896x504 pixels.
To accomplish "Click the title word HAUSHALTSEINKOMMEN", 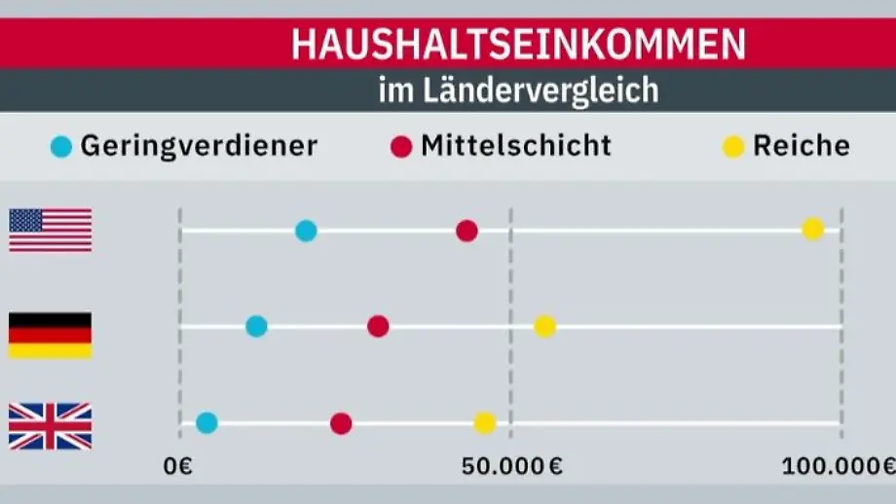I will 518,45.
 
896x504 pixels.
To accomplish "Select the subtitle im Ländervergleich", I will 518,91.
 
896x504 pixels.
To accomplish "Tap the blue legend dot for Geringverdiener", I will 61,147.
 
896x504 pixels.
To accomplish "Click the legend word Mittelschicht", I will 516,146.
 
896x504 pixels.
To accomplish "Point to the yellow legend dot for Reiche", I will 734,147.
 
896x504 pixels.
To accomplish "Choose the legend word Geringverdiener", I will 199,146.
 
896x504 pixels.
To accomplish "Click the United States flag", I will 51,231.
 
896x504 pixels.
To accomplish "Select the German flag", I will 51,335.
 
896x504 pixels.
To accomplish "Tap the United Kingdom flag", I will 51,426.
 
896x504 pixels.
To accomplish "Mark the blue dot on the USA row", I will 306,231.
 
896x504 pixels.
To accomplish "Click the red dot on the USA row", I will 467,231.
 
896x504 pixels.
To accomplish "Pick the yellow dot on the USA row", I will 812,230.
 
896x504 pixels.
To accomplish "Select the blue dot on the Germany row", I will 256,326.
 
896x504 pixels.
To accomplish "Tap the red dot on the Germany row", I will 378,326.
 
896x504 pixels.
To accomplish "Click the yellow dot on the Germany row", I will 544,326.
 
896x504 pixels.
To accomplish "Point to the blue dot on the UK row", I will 206,422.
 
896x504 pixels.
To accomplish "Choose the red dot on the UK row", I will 341,423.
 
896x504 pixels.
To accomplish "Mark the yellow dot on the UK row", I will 484,422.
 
